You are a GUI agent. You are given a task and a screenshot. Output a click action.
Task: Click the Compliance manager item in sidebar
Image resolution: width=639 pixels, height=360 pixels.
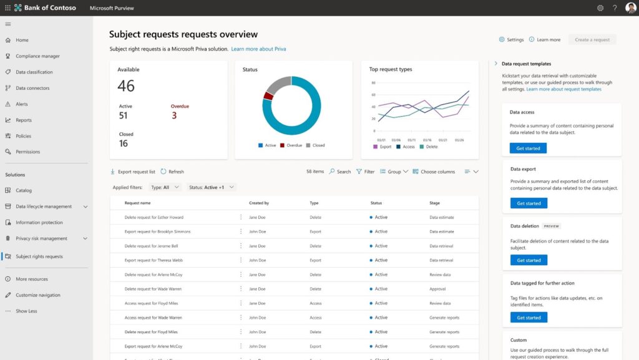[x=37, y=56]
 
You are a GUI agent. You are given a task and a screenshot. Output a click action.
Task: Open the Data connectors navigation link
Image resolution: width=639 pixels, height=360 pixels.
[x=32, y=88]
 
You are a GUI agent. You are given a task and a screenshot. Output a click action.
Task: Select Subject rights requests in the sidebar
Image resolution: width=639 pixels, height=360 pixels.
[x=39, y=256]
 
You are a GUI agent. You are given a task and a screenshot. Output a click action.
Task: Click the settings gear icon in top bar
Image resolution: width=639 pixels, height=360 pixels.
[x=600, y=8]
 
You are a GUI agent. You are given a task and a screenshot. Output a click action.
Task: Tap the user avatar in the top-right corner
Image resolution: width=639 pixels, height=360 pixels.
[x=630, y=8]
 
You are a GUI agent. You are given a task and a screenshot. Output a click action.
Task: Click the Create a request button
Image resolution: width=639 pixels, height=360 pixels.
[x=592, y=39]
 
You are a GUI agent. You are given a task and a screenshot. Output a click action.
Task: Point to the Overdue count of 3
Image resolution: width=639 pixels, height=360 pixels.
[x=174, y=115]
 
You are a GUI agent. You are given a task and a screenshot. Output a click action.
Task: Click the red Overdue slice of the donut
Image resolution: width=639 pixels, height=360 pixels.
[x=268, y=95]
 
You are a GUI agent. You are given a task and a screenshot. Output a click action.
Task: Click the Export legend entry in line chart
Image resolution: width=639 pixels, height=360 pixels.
[x=383, y=147]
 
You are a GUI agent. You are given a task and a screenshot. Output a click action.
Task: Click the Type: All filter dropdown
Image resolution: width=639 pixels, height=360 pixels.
[x=165, y=187]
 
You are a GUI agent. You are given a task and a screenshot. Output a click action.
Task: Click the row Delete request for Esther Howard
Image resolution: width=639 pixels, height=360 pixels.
[x=154, y=217]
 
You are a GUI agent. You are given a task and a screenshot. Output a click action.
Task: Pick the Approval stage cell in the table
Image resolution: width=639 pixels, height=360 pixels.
[x=439, y=289]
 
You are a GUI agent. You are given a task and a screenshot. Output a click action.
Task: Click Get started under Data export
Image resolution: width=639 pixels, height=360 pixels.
[x=529, y=203]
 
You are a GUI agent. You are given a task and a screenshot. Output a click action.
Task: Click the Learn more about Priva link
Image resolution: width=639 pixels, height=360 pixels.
[x=258, y=49]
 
